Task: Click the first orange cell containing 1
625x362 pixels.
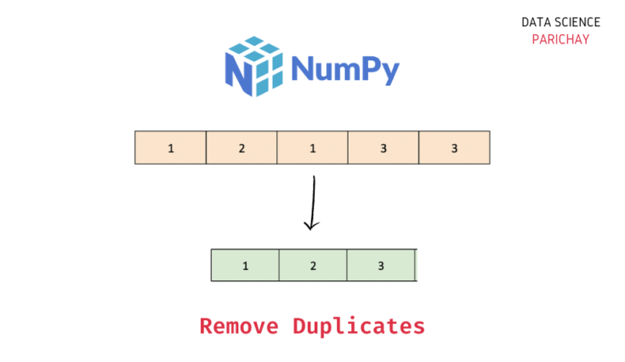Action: pos(171,147)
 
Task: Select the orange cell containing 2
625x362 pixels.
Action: pos(241,147)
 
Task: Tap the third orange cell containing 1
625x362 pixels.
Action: pos(312,147)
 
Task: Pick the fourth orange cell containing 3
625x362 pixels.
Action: pos(384,147)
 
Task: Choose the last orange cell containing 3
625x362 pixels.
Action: pos(454,147)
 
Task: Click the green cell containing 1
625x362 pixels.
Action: pos(245,265)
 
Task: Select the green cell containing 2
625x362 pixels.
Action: pos(313,265)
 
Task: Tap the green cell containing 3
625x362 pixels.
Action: pos(381,265)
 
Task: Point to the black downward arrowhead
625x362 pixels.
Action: pos(311,225)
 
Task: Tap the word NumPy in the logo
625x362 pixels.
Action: pos(344,71)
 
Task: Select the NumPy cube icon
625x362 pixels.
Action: pos(253,66)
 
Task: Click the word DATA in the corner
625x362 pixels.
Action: pos(537,22)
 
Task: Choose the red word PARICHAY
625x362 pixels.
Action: pos(560,39)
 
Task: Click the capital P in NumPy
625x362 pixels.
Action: pos(370,70)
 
